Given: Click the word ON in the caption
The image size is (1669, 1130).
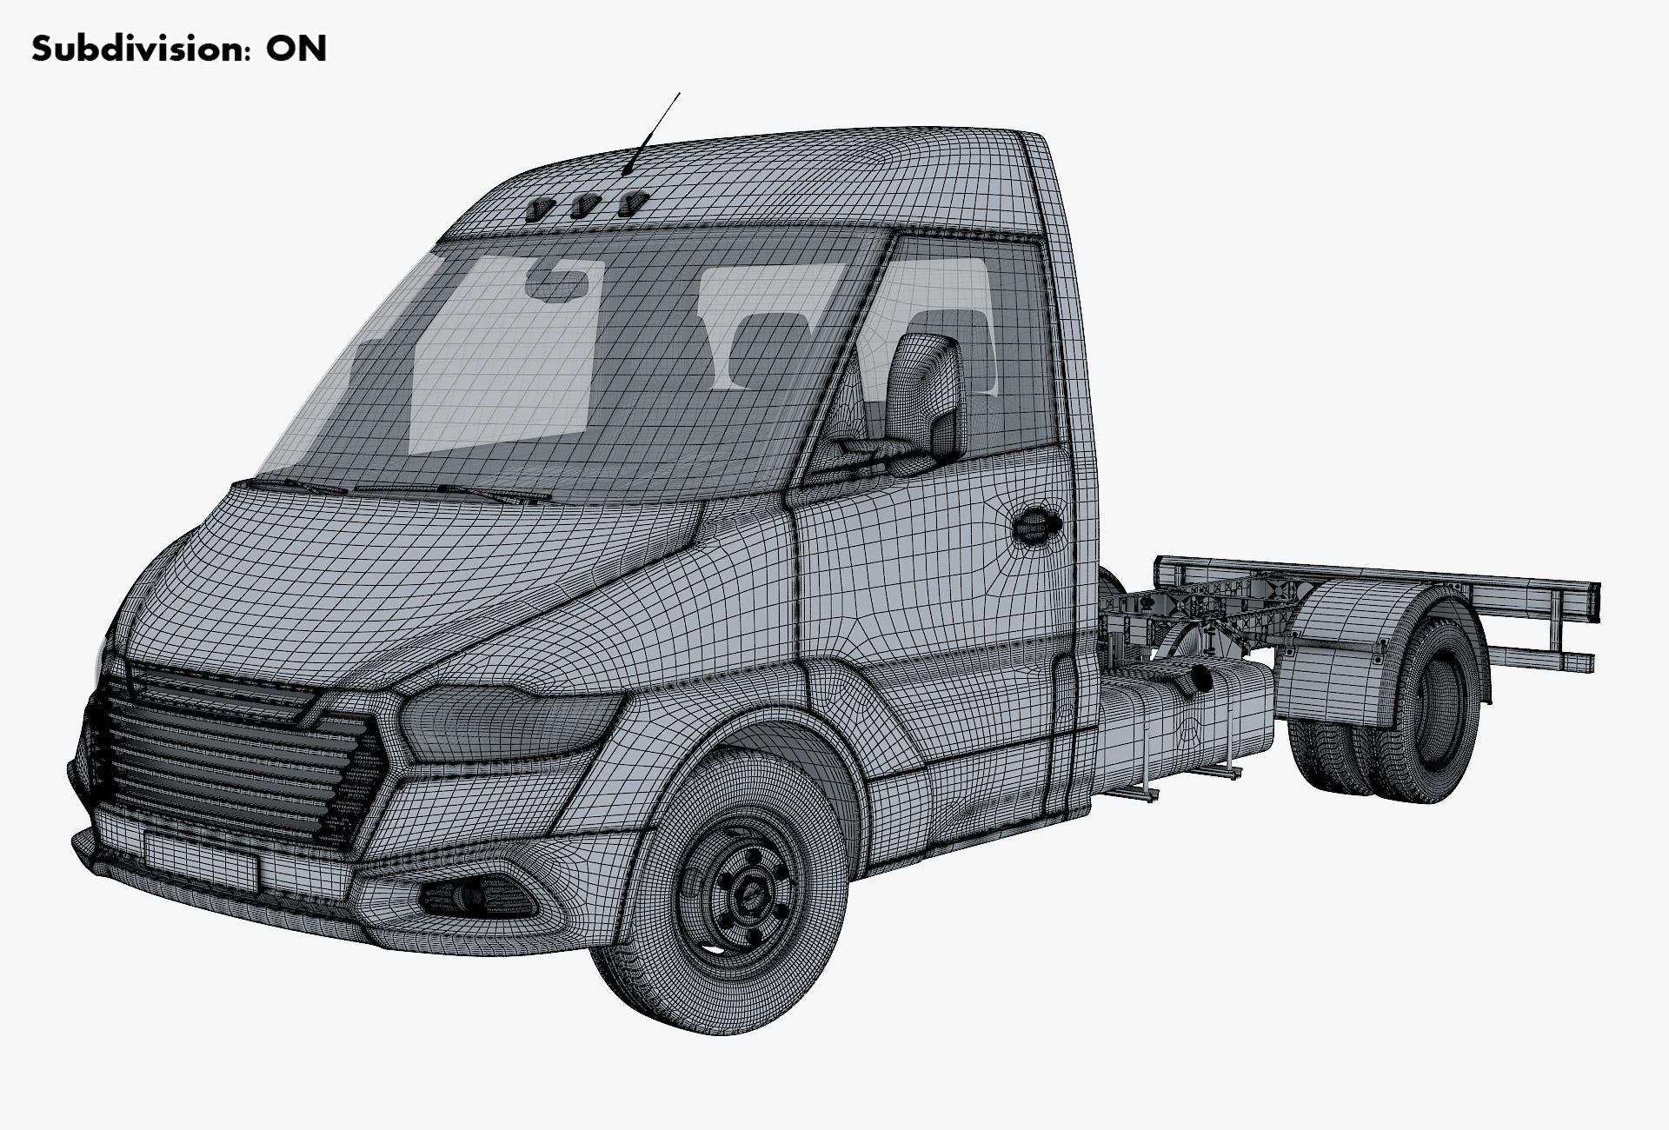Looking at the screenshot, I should tap(296, 49).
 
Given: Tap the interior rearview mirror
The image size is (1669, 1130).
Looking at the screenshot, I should tap(556, 282).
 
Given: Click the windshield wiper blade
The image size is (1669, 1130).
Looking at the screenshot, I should tap(452, 492).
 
